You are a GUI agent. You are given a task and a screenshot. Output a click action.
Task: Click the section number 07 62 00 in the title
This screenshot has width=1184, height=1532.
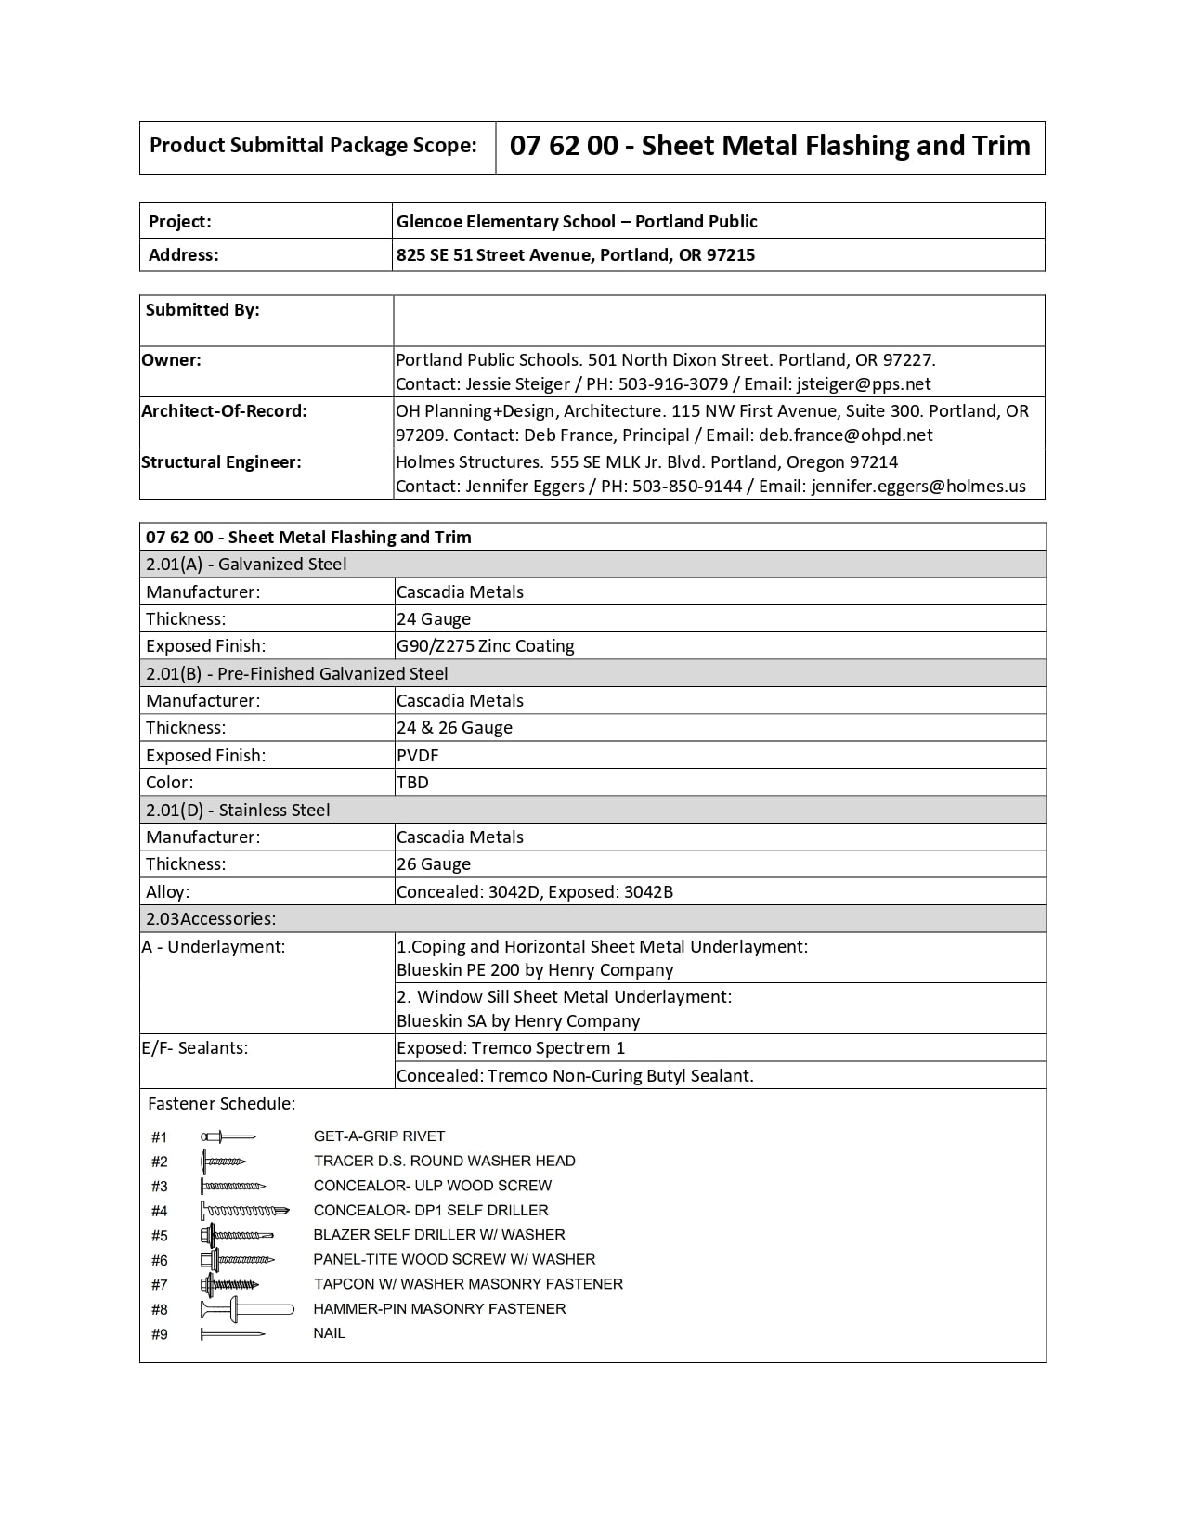point(564,146)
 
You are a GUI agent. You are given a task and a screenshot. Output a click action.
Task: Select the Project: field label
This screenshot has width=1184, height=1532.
point(180,221)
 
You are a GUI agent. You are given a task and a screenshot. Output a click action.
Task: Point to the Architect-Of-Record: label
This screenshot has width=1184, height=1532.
point(224,410)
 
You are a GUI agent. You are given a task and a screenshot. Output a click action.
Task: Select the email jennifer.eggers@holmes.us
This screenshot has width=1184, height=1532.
point(918,486)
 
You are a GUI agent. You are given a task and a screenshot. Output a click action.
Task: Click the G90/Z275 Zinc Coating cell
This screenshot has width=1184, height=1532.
point(485,646)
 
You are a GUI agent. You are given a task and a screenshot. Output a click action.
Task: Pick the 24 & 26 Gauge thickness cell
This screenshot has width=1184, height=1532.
point(454,728)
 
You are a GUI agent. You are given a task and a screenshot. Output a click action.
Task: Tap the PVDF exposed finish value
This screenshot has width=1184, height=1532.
point(417,756)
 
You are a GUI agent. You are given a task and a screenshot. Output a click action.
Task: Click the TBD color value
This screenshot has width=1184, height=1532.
point(412,783)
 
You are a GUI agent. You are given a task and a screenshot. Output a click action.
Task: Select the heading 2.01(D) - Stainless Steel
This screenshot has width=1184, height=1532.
point(238,810)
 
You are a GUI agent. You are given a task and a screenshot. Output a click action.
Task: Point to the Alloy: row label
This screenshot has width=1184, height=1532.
point(167,892)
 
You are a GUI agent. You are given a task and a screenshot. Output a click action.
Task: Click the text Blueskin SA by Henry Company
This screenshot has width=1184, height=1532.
point(518,1021)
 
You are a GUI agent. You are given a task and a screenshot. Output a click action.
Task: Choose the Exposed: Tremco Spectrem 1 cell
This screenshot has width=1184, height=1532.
point(511,1048)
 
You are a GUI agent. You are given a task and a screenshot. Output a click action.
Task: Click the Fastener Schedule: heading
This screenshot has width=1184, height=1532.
point(221,1104)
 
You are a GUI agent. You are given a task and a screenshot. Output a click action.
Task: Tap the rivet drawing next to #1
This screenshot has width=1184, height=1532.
point(228,1136)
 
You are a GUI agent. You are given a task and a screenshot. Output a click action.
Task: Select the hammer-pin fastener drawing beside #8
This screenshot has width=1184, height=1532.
point(247,1310)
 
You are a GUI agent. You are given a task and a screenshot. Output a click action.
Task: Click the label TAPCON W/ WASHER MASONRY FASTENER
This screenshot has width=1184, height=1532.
point(468,1284)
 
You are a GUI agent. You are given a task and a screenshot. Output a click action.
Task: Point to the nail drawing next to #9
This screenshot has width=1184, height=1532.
point(232,1334)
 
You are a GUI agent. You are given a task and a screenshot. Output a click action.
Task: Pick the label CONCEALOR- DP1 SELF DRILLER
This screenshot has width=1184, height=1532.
point(431,1211)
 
